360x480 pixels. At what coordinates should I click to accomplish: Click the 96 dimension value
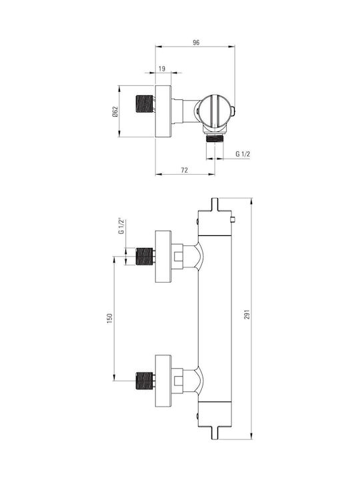(x=196, y=42)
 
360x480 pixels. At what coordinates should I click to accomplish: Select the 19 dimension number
(x=162, y=69)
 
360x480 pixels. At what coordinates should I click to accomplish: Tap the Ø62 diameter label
(x=115, y=112)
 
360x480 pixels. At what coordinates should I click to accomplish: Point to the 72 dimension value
(x=184, y=170)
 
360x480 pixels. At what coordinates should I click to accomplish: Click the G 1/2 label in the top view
(x=243, y=154)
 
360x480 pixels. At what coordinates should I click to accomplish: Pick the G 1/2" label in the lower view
(x=121, y=227)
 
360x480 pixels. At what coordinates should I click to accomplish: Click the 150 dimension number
(x=110, y=319)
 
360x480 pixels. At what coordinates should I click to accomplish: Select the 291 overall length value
(x=247, y=315)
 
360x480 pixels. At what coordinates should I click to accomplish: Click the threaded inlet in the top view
(x=144, y=104)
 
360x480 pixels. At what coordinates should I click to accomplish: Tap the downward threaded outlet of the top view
(x=215, y=139)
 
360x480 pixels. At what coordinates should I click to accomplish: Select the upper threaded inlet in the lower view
(x=144, y=256)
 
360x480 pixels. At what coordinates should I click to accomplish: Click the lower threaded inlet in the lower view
(x=144, y=381)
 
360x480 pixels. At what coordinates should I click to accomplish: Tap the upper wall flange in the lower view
(x=163, y=257)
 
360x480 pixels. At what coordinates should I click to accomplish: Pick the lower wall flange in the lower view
(x=163, y=381)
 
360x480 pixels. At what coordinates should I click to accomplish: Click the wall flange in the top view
(x=163, y=111)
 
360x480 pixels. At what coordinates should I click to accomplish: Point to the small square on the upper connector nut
(x=178, y=257)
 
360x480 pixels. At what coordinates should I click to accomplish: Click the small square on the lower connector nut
(x=178, y=381)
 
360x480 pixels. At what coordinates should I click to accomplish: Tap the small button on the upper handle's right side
(x=233, y=219)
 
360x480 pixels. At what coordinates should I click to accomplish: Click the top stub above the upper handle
(x=215, y=204)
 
